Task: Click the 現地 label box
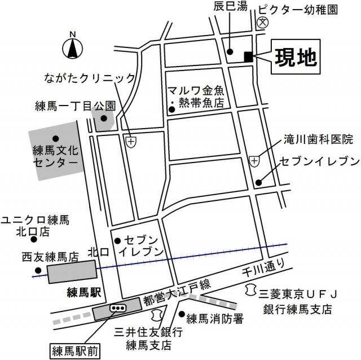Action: click(x=296, y=56)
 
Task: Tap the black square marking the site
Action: click(x=248, y=56)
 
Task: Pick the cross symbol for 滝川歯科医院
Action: click(x=254, y=161)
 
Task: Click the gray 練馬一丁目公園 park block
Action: click(x=104, y=120)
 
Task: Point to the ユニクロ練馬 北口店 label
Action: click(x=34, y=225)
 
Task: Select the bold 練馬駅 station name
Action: click(x=83, y=292)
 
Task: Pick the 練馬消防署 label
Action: click(x=215, y=319)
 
